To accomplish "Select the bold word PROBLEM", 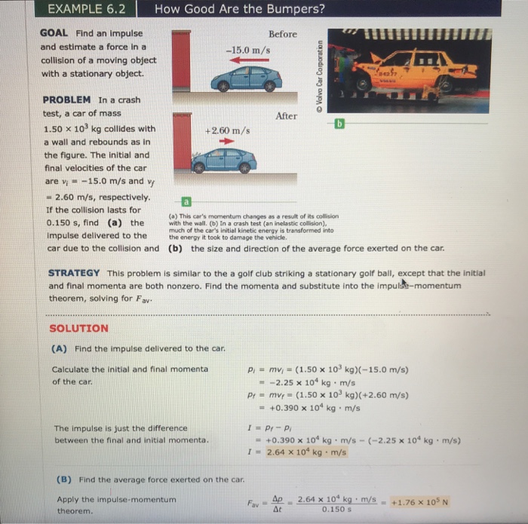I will pyautogui.click(x=67, y=100).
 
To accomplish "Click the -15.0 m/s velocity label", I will pyautogui.click(x=242, y=50).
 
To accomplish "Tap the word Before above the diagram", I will pyautogui.click(x=283, y=34).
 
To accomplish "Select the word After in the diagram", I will pyautogui.click(x=287, y=116).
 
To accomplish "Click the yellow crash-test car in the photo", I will pyautogui.click(x=407, y=72).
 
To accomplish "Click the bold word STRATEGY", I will pyautogui.click(x=74, y=272).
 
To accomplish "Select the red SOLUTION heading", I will pyautogui.click(x=78, y=329).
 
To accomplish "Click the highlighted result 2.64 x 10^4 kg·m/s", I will pyautogui.click(x=306, y=452).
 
